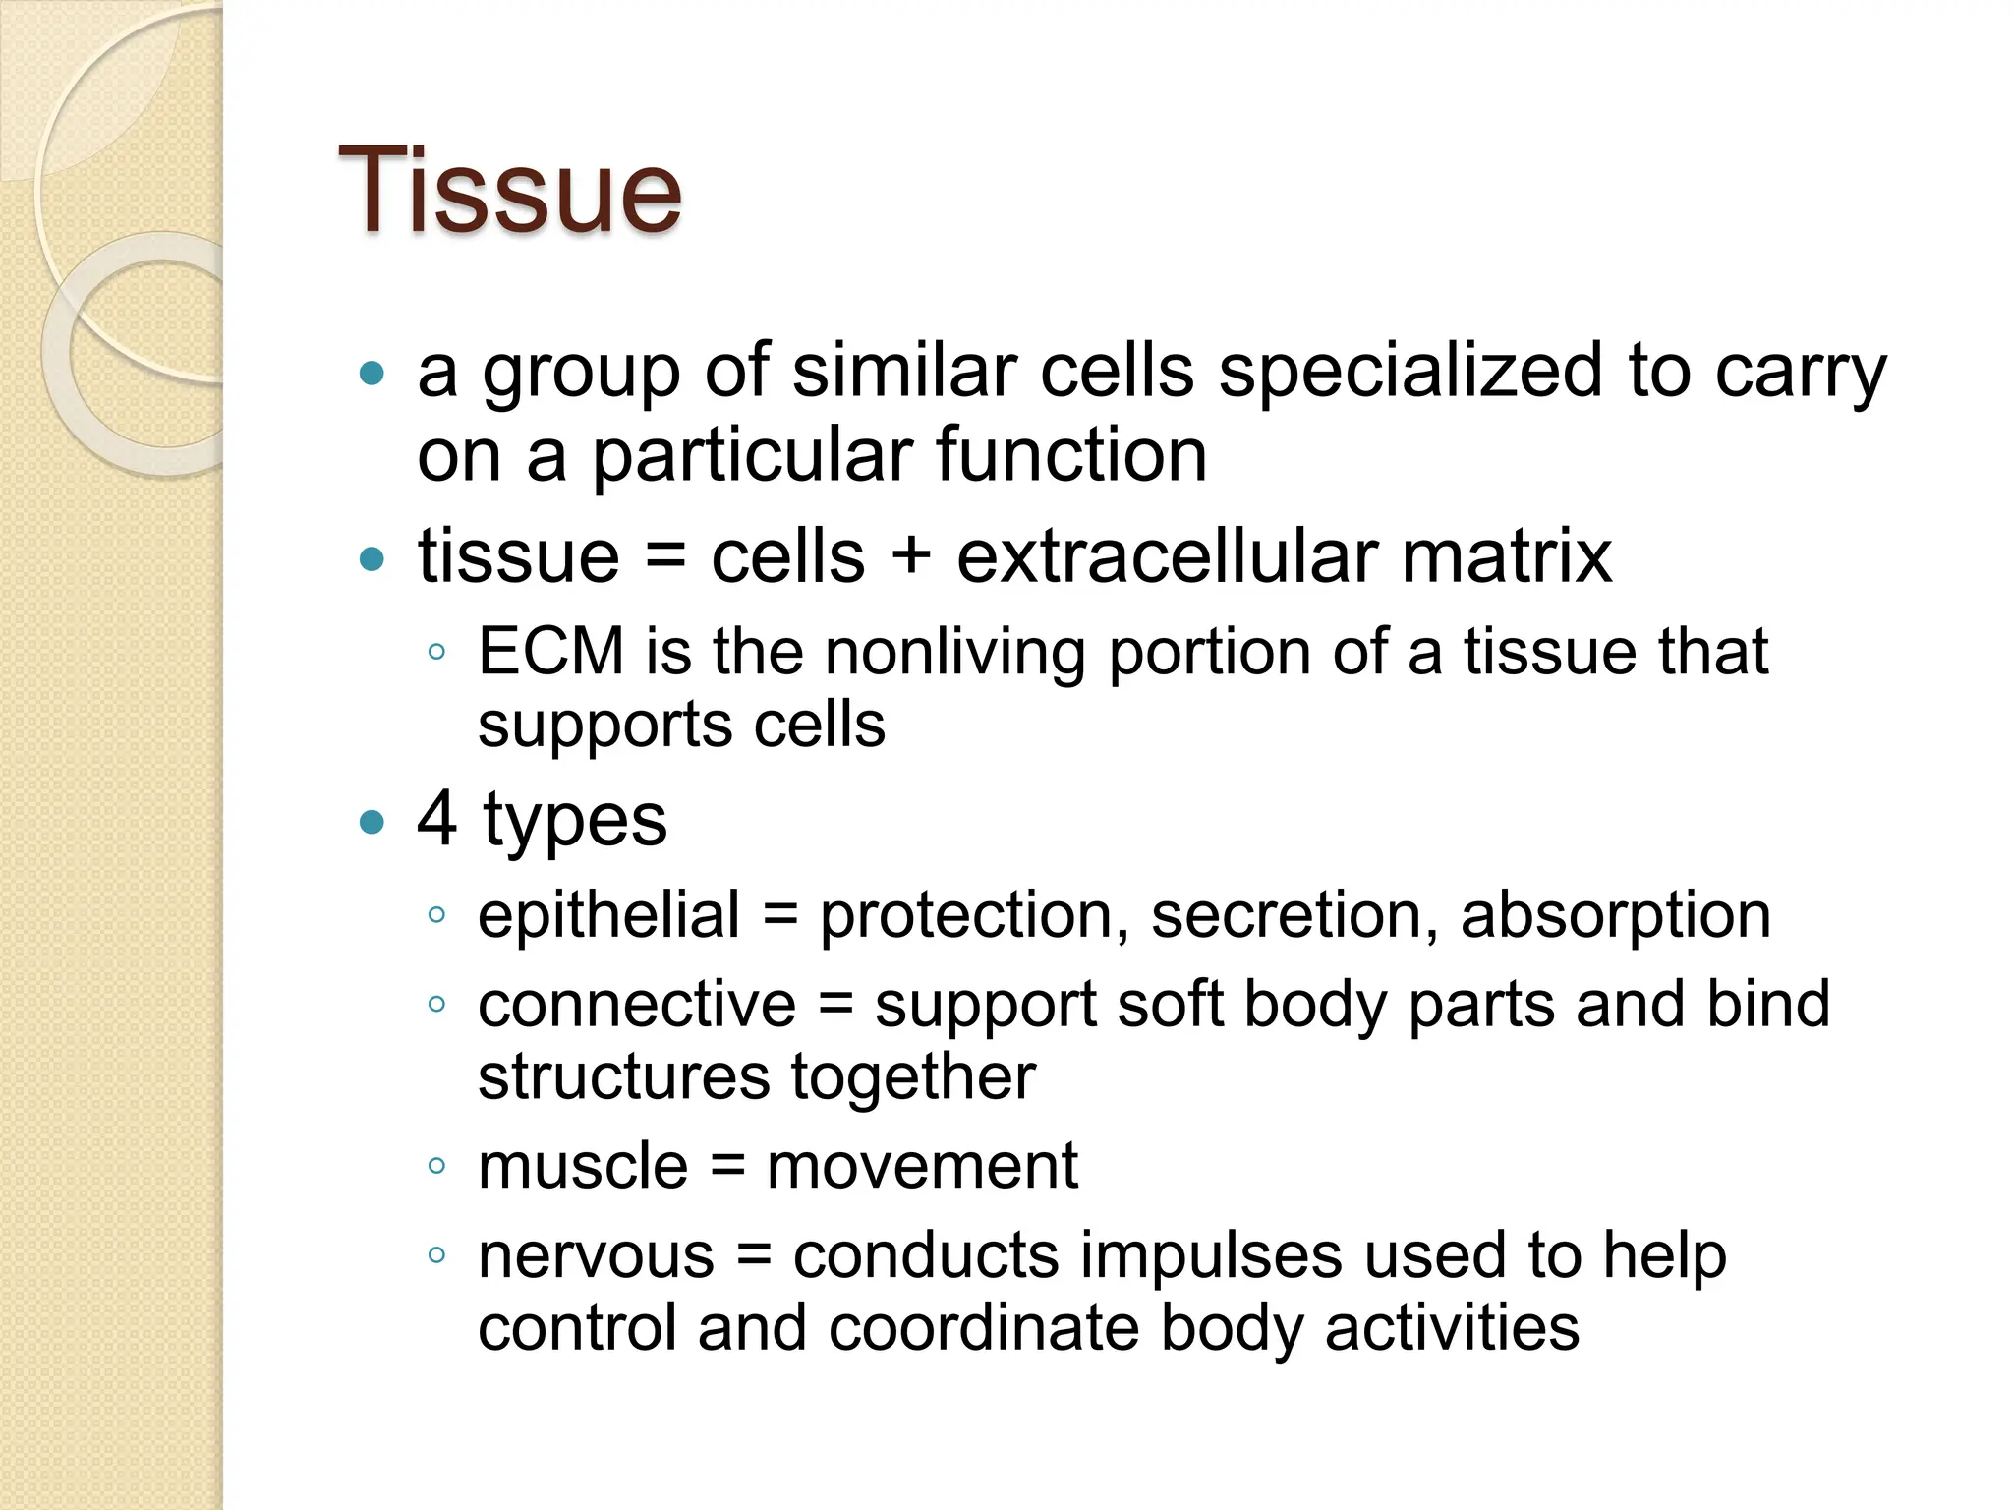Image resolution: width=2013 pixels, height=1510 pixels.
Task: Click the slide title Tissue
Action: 509,191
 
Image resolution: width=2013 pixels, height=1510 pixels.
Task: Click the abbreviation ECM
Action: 550,652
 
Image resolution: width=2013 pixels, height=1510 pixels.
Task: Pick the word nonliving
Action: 954,653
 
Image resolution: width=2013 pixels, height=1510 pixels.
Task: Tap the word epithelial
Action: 608,915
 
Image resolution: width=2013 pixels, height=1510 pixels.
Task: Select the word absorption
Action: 1615,915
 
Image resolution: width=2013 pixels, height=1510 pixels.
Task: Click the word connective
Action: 637,1005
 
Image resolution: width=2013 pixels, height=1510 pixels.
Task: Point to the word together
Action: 913,1077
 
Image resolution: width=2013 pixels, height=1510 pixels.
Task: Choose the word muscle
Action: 583,1167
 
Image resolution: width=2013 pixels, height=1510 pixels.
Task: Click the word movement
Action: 922,1167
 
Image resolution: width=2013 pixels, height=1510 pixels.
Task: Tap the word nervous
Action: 596,1256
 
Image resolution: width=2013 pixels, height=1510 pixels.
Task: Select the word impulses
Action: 1211,1256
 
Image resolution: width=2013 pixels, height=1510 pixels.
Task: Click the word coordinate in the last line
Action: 986,1328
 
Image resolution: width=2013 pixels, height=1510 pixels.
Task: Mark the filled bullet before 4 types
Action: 372,821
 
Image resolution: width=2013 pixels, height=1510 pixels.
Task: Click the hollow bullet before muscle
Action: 437,1167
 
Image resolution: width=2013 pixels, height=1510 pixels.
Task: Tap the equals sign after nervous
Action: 754,1256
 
